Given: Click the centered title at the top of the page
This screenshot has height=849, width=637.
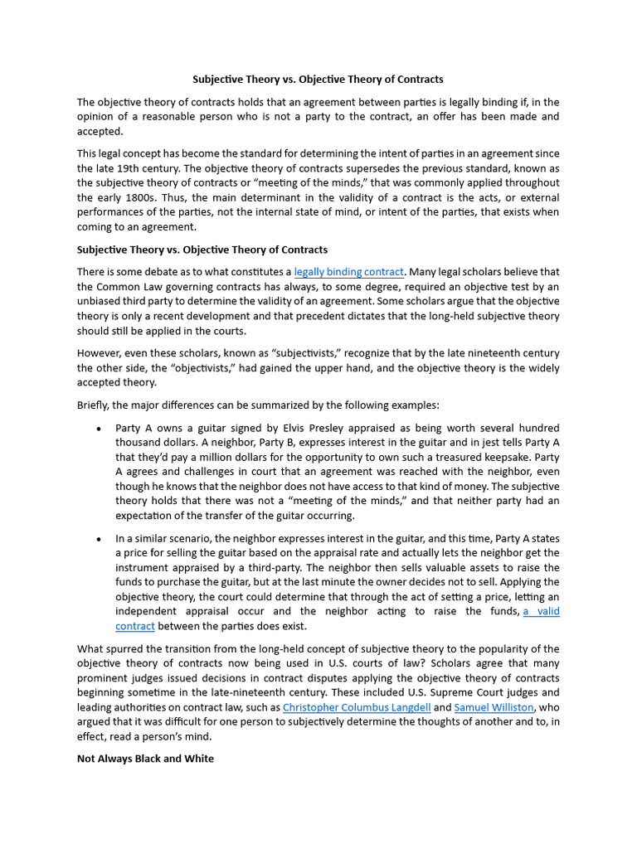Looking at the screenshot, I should pyautogui.click(x=318, y=80).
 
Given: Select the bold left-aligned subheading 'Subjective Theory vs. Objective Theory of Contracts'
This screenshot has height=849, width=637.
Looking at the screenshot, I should pyautogui.click(x=202, y=250).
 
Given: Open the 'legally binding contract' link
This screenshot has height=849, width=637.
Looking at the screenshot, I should pyautogui.click(x=348, y=272).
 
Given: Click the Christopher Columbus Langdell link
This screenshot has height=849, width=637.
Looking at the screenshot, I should pyautogui.click(x=357, y=707).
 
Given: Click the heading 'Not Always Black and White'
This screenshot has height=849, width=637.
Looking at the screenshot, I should pyautogui.click(x=145, y=759).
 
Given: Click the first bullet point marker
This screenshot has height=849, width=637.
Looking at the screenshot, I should pyautogui.click(x=99, y=429).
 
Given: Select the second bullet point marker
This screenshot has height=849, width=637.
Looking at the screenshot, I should pyautogui.click(x=99, y=538).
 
